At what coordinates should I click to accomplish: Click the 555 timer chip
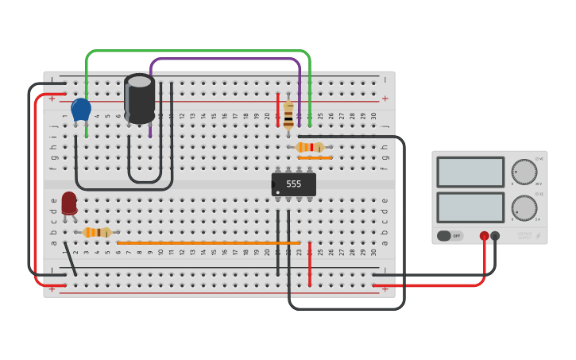[294, 184]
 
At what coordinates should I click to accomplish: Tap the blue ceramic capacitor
[81, 109]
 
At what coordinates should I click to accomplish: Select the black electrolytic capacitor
[140, 99]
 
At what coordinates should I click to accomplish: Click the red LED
[69, 203]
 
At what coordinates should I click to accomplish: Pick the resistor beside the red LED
[97, 232]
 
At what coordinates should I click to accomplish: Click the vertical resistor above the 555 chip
[288, 115]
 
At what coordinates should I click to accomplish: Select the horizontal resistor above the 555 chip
[310, 147]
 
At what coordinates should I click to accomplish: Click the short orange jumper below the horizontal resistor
[315, 157]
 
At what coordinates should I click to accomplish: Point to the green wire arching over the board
[199, 52]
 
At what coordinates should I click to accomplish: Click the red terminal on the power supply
[484, 236]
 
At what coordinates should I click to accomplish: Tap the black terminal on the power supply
[495, 236]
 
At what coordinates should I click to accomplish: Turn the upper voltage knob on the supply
[524, 172]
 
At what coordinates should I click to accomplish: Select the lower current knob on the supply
[524, 208]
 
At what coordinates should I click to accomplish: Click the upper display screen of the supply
[470, 172]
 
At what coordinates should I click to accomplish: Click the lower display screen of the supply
[470, 207]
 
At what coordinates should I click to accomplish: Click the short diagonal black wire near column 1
[71, 259]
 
